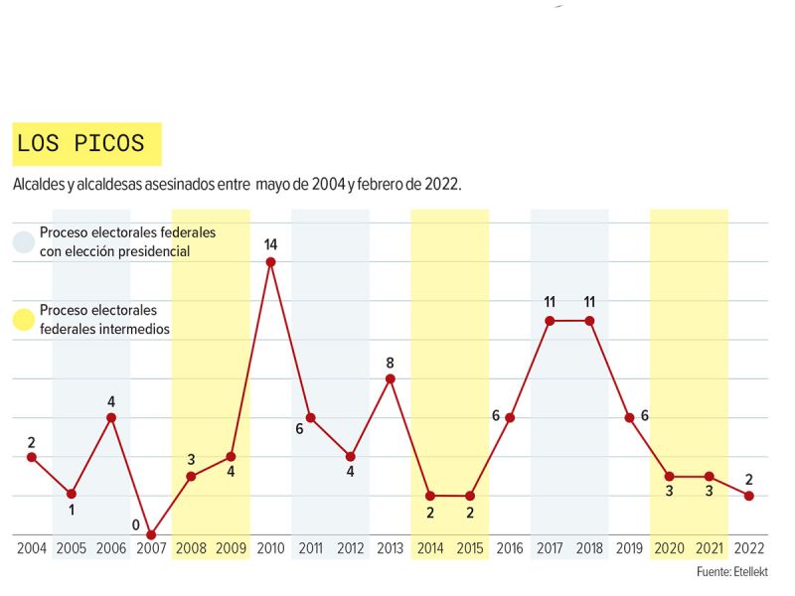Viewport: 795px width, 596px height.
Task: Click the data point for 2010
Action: [x=270, y=262]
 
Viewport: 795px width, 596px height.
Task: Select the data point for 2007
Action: [x=151, y=534]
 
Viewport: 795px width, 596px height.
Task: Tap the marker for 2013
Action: [x=391, y=378]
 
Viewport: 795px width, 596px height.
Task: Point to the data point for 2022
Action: [x=748, y=496]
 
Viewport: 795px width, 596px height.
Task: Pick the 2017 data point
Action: [x=550, y=321]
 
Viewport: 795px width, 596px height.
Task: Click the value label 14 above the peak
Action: [x=270, y=243]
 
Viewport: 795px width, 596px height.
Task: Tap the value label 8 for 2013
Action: [x=391, y=363]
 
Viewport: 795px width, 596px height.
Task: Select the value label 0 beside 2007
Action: [x=135, y=524]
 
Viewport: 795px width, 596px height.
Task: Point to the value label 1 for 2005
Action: [x=72, y=511]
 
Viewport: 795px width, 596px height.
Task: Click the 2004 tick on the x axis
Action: [x=31, y=548]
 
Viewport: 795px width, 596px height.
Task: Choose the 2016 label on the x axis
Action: [x=509, y=548]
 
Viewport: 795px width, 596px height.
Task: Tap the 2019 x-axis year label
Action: [x=628, y=548]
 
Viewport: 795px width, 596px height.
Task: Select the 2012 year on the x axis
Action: [x=350, y=548]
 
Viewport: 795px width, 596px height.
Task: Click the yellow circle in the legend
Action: [x=24, y=319]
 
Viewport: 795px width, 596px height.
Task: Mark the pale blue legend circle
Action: [x=24, y=241]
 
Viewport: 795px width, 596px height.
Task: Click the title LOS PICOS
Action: [x=80, y=143]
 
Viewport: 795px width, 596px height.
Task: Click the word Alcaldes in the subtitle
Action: [x=37, y=185]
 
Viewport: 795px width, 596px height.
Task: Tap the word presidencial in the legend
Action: [x=151, y=251]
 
